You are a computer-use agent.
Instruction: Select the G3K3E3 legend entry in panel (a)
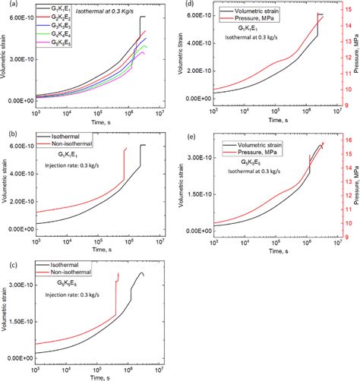[58, 36]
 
